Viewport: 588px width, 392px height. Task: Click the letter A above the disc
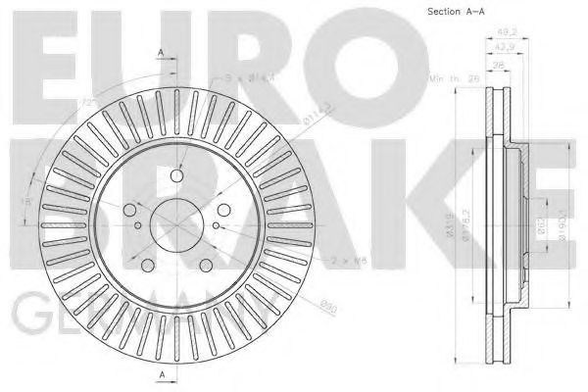(x=161, y=50)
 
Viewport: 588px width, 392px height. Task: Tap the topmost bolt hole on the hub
(x=176, y=175)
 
